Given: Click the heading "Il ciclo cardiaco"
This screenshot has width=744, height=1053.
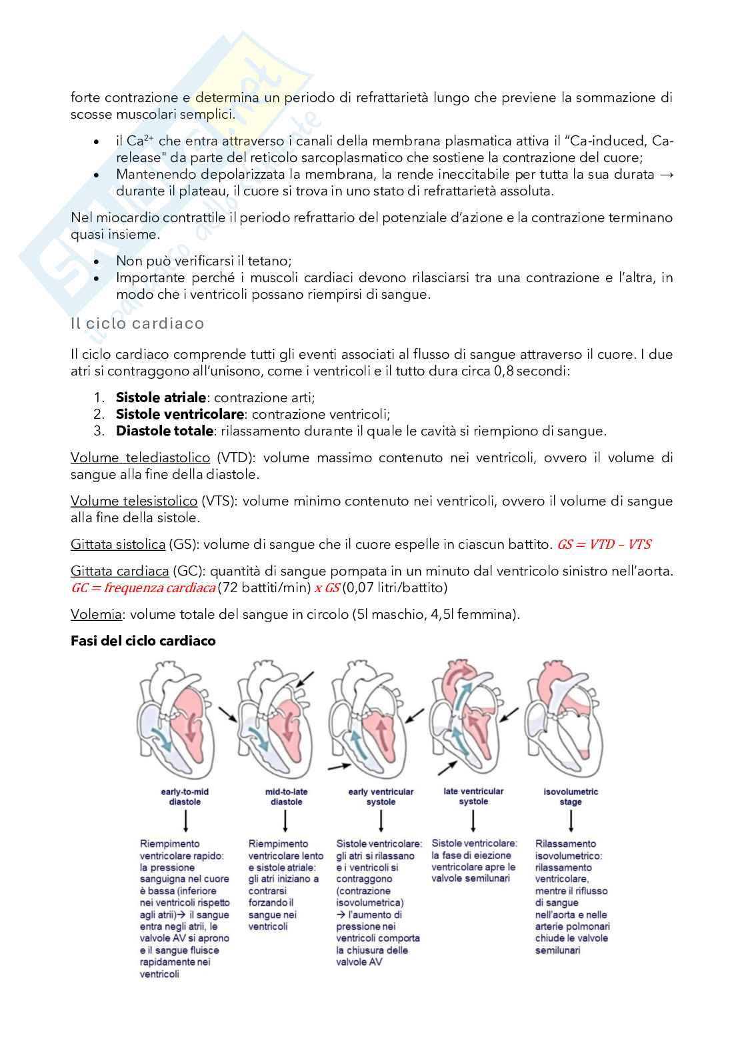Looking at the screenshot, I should click(x=137, y=323).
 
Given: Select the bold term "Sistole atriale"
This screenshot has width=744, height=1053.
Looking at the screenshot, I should click(x=161, y=397).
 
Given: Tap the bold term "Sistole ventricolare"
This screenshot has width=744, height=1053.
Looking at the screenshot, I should click(x=180, y=414).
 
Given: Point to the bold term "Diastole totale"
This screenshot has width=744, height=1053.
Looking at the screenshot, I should click(x=165, y=431).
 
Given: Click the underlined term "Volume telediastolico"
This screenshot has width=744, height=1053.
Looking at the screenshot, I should click(x=140, y=457).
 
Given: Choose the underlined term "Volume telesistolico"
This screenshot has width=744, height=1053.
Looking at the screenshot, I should click(x=134, y=501).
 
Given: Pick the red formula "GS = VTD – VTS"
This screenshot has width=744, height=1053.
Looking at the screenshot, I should click(x=604, y=544).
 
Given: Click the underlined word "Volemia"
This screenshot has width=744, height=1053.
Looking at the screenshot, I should click(x=96, y=614).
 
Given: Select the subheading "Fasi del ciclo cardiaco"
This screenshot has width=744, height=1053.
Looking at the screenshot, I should click(x=143, y=641).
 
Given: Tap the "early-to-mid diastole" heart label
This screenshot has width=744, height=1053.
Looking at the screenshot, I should click(x=185, y=797).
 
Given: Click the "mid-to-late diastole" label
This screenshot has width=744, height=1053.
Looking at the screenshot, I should click(x=286, y=797).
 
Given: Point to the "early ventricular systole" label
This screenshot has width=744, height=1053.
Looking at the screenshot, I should click(x=381, y=797).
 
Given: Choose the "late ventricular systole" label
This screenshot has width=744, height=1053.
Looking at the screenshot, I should click(x=473, y=796).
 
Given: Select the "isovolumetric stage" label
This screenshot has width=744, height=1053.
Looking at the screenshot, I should click(x=571, y=797).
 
